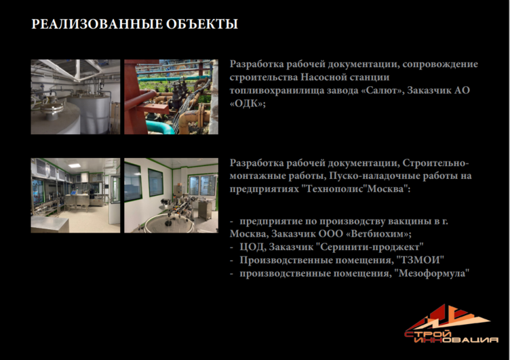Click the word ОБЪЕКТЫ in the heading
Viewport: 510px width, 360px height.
[201, 24]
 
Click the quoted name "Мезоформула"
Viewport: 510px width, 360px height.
[432, 273]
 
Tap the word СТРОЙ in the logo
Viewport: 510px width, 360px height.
[428, 334]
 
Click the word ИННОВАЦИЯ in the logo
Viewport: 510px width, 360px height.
[456, 340]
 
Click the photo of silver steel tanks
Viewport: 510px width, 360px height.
[75, 96]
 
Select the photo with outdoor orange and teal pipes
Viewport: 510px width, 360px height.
[171, 96]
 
